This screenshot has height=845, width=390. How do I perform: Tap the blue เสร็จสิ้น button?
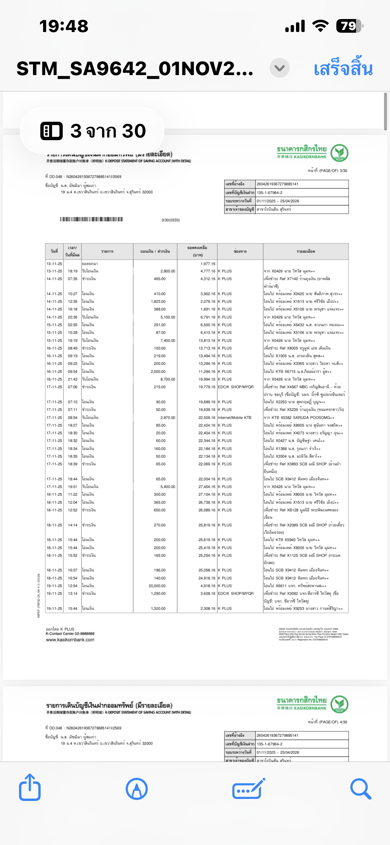coord(343,69)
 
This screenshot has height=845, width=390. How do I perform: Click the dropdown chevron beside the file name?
coord(279,68)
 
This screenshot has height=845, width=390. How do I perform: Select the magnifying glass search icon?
coord(361,789)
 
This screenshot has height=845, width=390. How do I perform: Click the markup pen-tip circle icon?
coord(137,789)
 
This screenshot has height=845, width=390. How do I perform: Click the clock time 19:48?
coord(64,26)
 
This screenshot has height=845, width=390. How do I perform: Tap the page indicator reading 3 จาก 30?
coord(93,131)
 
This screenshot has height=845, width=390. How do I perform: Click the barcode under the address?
coord(91,219)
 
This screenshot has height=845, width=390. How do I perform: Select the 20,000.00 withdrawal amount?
coord(157,586)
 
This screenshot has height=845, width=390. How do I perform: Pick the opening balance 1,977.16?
coord(208,264)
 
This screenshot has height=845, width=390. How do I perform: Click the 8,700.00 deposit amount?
coord(168,379)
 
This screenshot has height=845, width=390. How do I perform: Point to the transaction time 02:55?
coord(73,325)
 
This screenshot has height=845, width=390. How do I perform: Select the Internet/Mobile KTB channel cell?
coord(235,417)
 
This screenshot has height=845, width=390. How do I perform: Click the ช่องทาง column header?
coord(240,251)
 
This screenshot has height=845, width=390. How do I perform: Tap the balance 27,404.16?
coord(207,487)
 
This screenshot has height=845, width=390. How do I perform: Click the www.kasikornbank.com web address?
coord(70,640)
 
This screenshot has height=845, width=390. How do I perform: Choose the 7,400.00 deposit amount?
coord(168,340)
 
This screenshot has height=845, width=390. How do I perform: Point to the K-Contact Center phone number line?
coord(70,633)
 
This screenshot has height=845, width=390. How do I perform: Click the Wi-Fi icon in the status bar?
coord(320,26)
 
